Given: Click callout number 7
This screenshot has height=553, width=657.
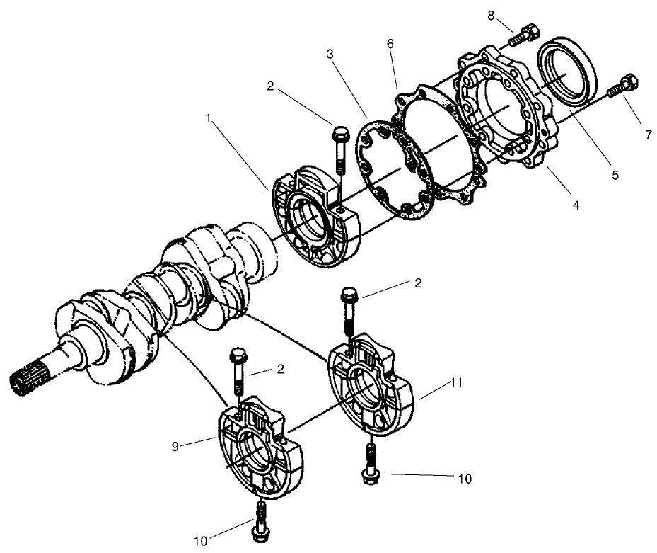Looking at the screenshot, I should (647, 135).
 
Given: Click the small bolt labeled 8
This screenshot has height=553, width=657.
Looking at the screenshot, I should (524, 33).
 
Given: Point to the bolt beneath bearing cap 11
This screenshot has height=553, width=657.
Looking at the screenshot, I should (369, 464).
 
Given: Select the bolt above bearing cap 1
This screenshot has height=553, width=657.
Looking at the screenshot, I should (339, 149).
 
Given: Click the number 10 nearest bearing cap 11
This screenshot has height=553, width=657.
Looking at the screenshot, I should (463, 479).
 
